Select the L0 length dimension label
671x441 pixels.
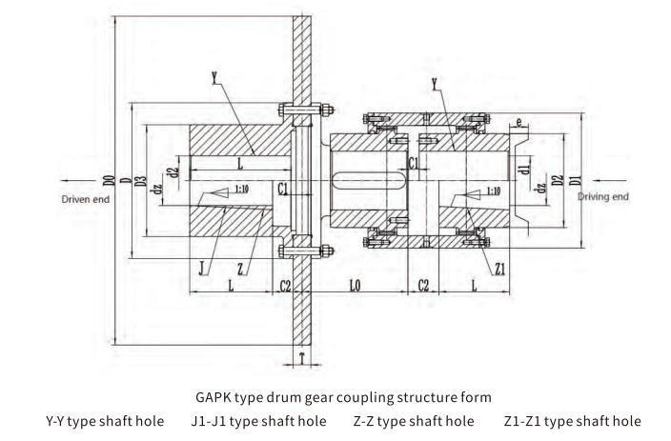pyautogui.click(x=355, y=286)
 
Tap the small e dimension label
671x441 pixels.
pyautogui.click(x=518, y=123)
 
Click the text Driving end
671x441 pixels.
pyautogui.click(x=603, y=196)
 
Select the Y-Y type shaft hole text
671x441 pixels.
pyautogui.click(x=105, y=420)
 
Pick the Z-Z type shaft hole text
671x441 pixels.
pyautogui.click(x=413, y=420)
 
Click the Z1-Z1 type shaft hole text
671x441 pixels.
pyautogui.click(x=572, y=420)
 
